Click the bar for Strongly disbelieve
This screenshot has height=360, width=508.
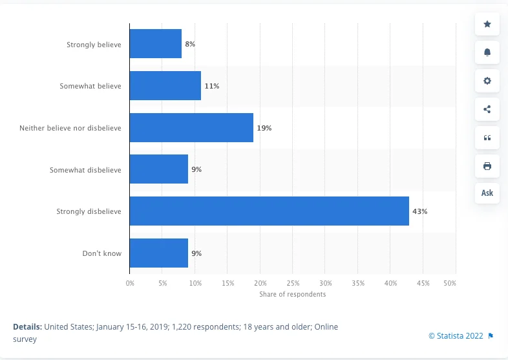pos(269,211)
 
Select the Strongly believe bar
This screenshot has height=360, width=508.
pos(155,44)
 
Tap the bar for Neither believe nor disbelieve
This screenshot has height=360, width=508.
pos(191,128)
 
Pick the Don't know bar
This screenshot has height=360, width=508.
pos(158,253)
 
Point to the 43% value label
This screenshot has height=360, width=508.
pos(420,211)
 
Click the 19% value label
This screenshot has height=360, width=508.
pos(264,128)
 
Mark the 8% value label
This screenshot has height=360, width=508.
pos(190,44)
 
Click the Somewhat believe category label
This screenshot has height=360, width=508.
pos(90,86)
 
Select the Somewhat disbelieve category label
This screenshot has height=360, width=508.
pos(85,170)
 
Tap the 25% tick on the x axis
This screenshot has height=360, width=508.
pos(293,283)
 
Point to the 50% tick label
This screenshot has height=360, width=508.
pos(450,283)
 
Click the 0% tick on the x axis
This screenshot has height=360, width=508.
pos(130,283)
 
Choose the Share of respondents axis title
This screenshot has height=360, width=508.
pos(293,295)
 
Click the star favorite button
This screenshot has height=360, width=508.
pos(487,25)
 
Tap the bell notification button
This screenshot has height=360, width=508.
pos(487,53)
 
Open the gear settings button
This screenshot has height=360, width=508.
pos(487,81)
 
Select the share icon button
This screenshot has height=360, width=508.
pos(487,109)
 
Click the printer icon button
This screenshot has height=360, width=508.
pos(487,166)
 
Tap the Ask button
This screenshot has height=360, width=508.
pos(487,193)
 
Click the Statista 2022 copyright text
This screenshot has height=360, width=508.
pos(456,335)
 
